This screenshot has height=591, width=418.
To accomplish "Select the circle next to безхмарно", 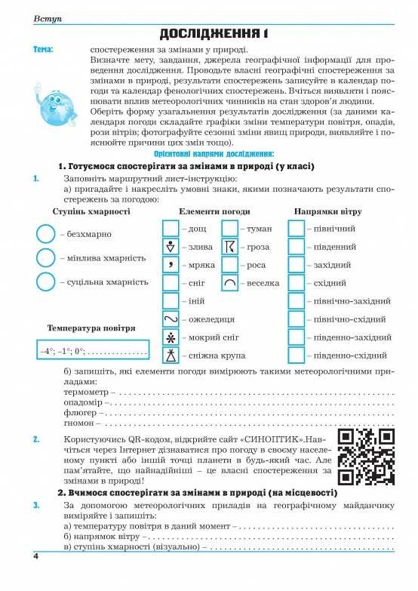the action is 46,235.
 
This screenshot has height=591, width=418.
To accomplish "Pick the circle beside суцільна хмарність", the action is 46,282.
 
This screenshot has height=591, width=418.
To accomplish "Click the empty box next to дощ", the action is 171,228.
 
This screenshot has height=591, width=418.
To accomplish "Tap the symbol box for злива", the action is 171,246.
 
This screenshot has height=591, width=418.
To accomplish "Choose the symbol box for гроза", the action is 230,246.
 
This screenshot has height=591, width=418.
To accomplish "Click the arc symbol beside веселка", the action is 230,283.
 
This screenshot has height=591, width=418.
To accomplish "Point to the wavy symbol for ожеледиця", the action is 171,319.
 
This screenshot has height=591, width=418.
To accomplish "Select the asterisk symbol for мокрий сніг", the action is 171,337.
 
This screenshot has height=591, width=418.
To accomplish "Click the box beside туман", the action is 230,228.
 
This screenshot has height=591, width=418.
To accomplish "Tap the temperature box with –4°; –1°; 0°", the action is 93,352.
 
